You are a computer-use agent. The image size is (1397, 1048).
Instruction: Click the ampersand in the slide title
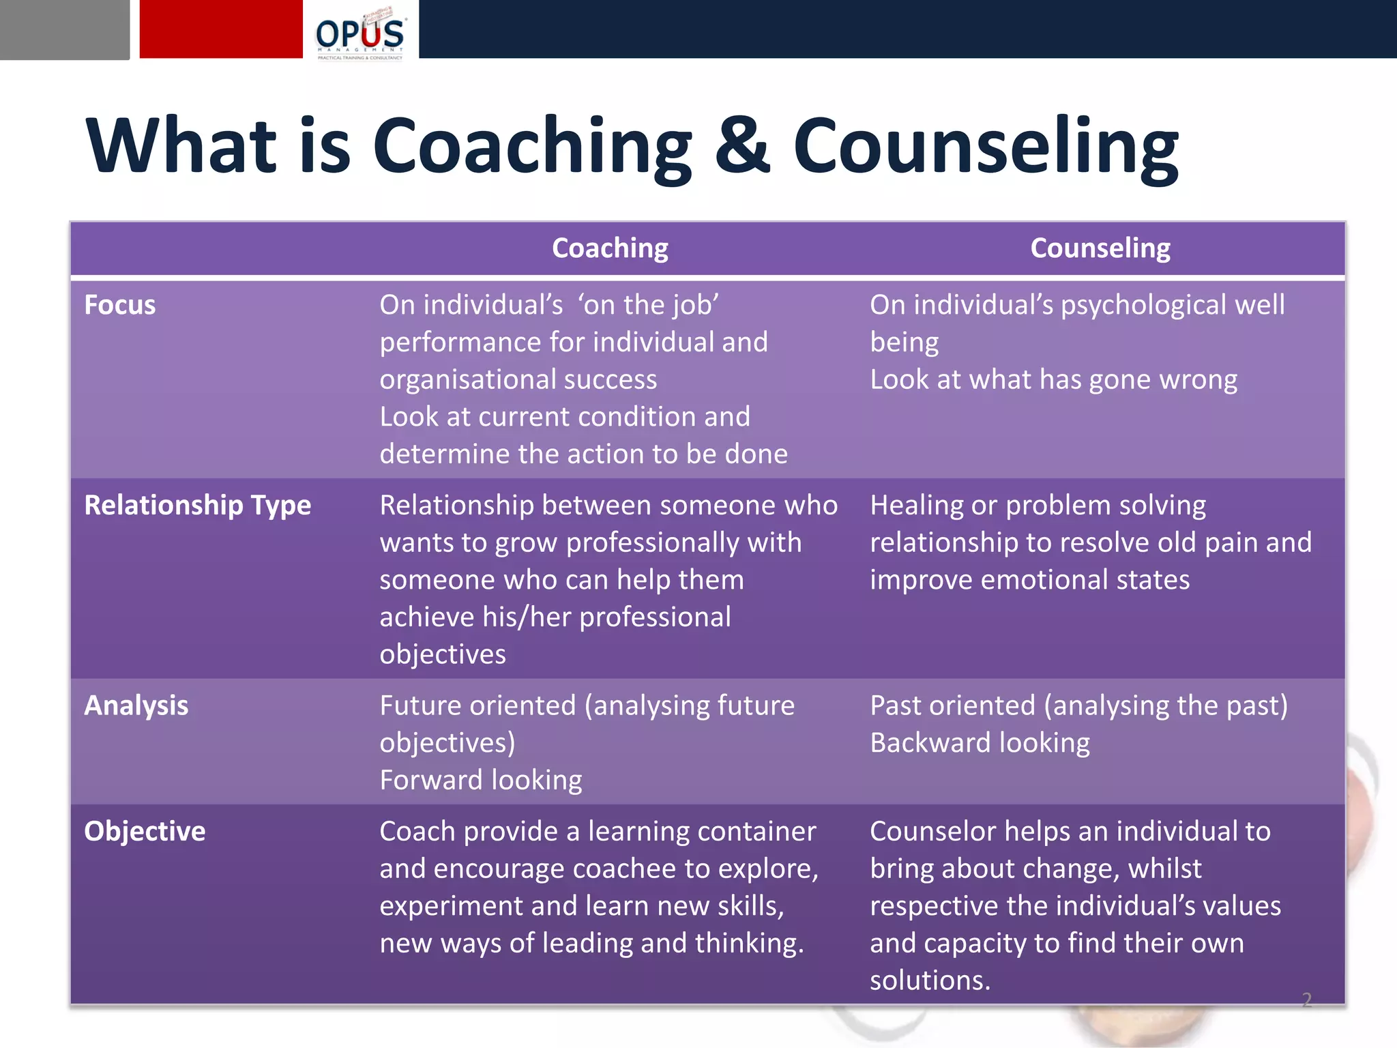click(742, 146)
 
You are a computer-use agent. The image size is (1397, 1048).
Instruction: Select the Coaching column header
click(610, 248)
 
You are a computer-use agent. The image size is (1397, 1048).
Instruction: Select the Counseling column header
click(1100, 248)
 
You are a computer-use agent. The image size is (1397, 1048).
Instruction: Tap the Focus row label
click(120, 305)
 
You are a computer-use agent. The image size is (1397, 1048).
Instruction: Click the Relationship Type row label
click(197, 506)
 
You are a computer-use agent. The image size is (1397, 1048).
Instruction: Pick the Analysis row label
click(136, 705)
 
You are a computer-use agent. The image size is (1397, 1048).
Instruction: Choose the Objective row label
click(145, 832)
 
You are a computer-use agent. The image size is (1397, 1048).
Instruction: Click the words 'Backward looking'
click(980, 743)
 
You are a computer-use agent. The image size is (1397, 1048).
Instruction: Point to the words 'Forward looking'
click(481, 781)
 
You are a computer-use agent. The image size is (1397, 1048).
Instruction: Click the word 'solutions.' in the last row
click(930, 980)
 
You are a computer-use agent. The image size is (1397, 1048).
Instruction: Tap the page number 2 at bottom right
click(1306, 1000)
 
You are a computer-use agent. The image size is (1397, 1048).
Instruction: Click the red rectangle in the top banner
click(221, 29)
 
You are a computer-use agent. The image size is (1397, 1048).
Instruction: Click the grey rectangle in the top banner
click(64, 29)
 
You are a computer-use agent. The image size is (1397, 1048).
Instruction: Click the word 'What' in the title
click(181, 146)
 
